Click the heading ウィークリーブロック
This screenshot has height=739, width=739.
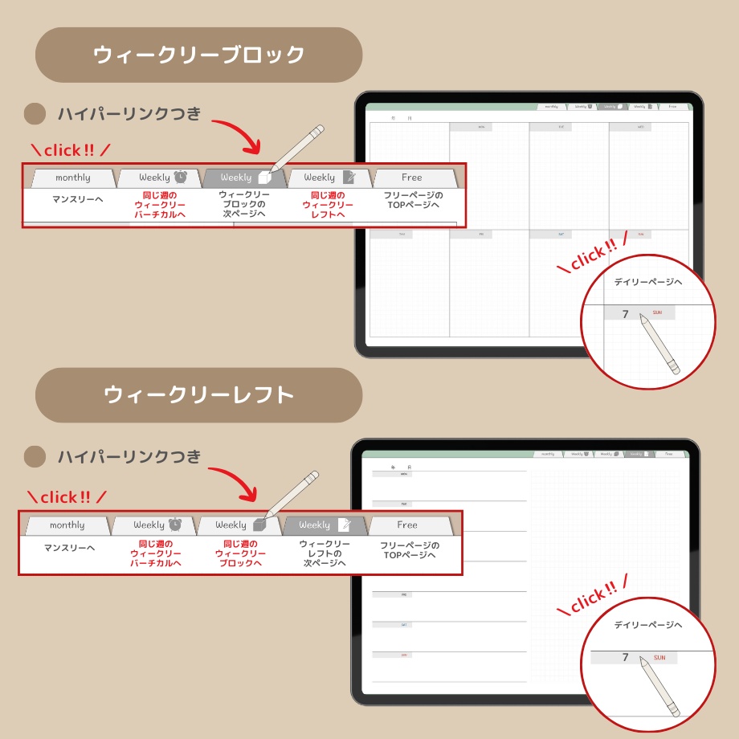(x=198, y=55)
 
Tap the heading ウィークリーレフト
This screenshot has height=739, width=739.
(x=198, y=395)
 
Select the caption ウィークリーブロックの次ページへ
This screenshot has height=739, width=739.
(x=244, y=205)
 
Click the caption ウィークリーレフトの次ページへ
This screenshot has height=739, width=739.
(x=325, y=553)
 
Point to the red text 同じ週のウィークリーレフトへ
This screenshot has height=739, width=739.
(x=328, y=205)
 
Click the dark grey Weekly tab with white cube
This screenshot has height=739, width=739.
(x=244, y=178)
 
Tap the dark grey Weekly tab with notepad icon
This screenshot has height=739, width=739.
(x=325, y=525)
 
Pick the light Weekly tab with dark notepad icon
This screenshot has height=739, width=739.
(x=329, y=178)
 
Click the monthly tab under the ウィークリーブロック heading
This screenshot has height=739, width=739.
(x=72, y=178)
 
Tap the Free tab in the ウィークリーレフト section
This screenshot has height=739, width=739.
(x=408, y=525)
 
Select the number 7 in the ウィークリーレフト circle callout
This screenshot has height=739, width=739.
(x=625, y=657)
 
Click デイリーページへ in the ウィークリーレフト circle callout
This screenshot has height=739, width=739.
(x=647, y=625)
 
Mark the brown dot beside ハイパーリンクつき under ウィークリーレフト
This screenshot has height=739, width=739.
(x=35, y=457)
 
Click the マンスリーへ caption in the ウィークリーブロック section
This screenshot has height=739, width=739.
(x=78, y=199)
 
